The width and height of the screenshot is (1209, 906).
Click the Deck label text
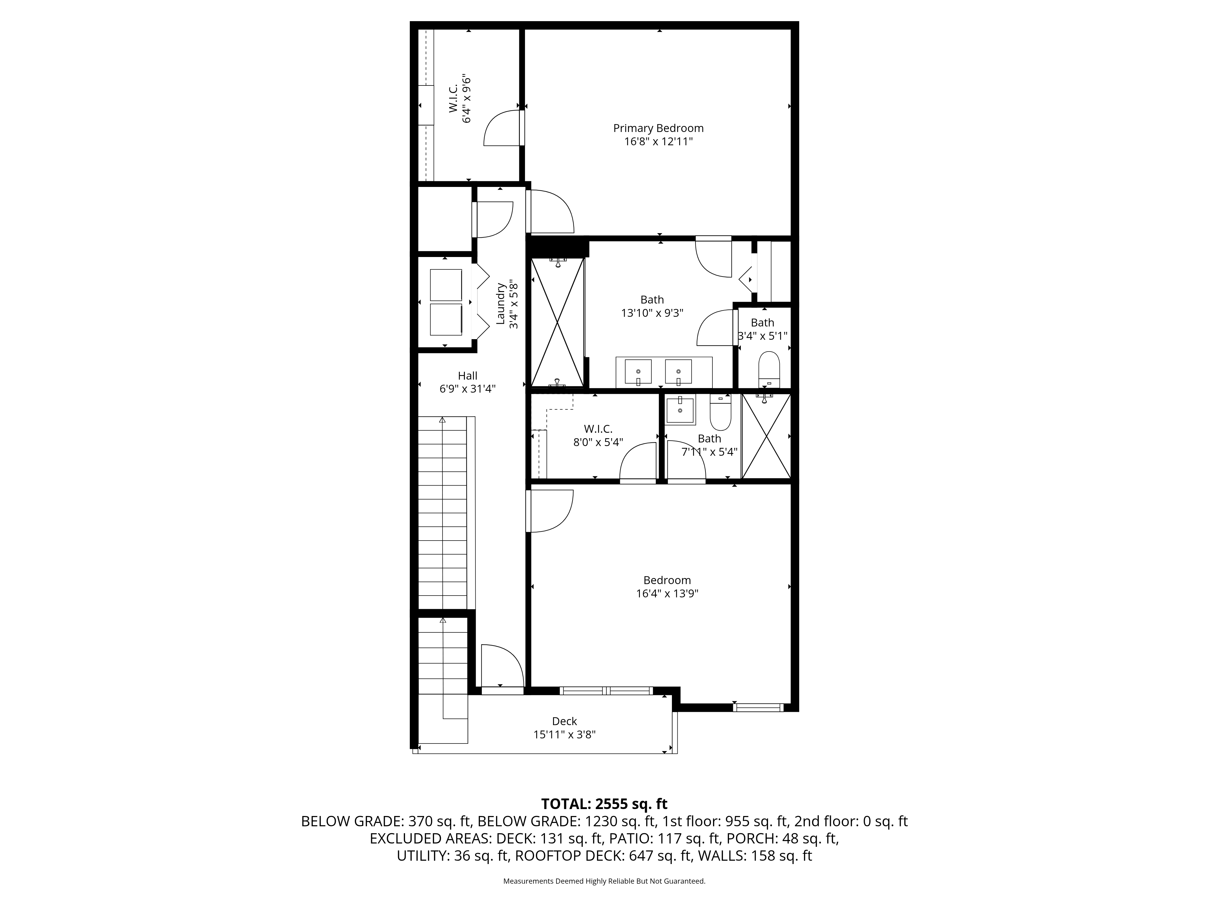coord(565,721)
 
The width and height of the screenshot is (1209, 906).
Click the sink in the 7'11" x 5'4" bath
coord(680,410)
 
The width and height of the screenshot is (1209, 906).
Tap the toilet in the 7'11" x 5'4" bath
coord(720,413)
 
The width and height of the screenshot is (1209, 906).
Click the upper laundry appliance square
coord(446,284)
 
